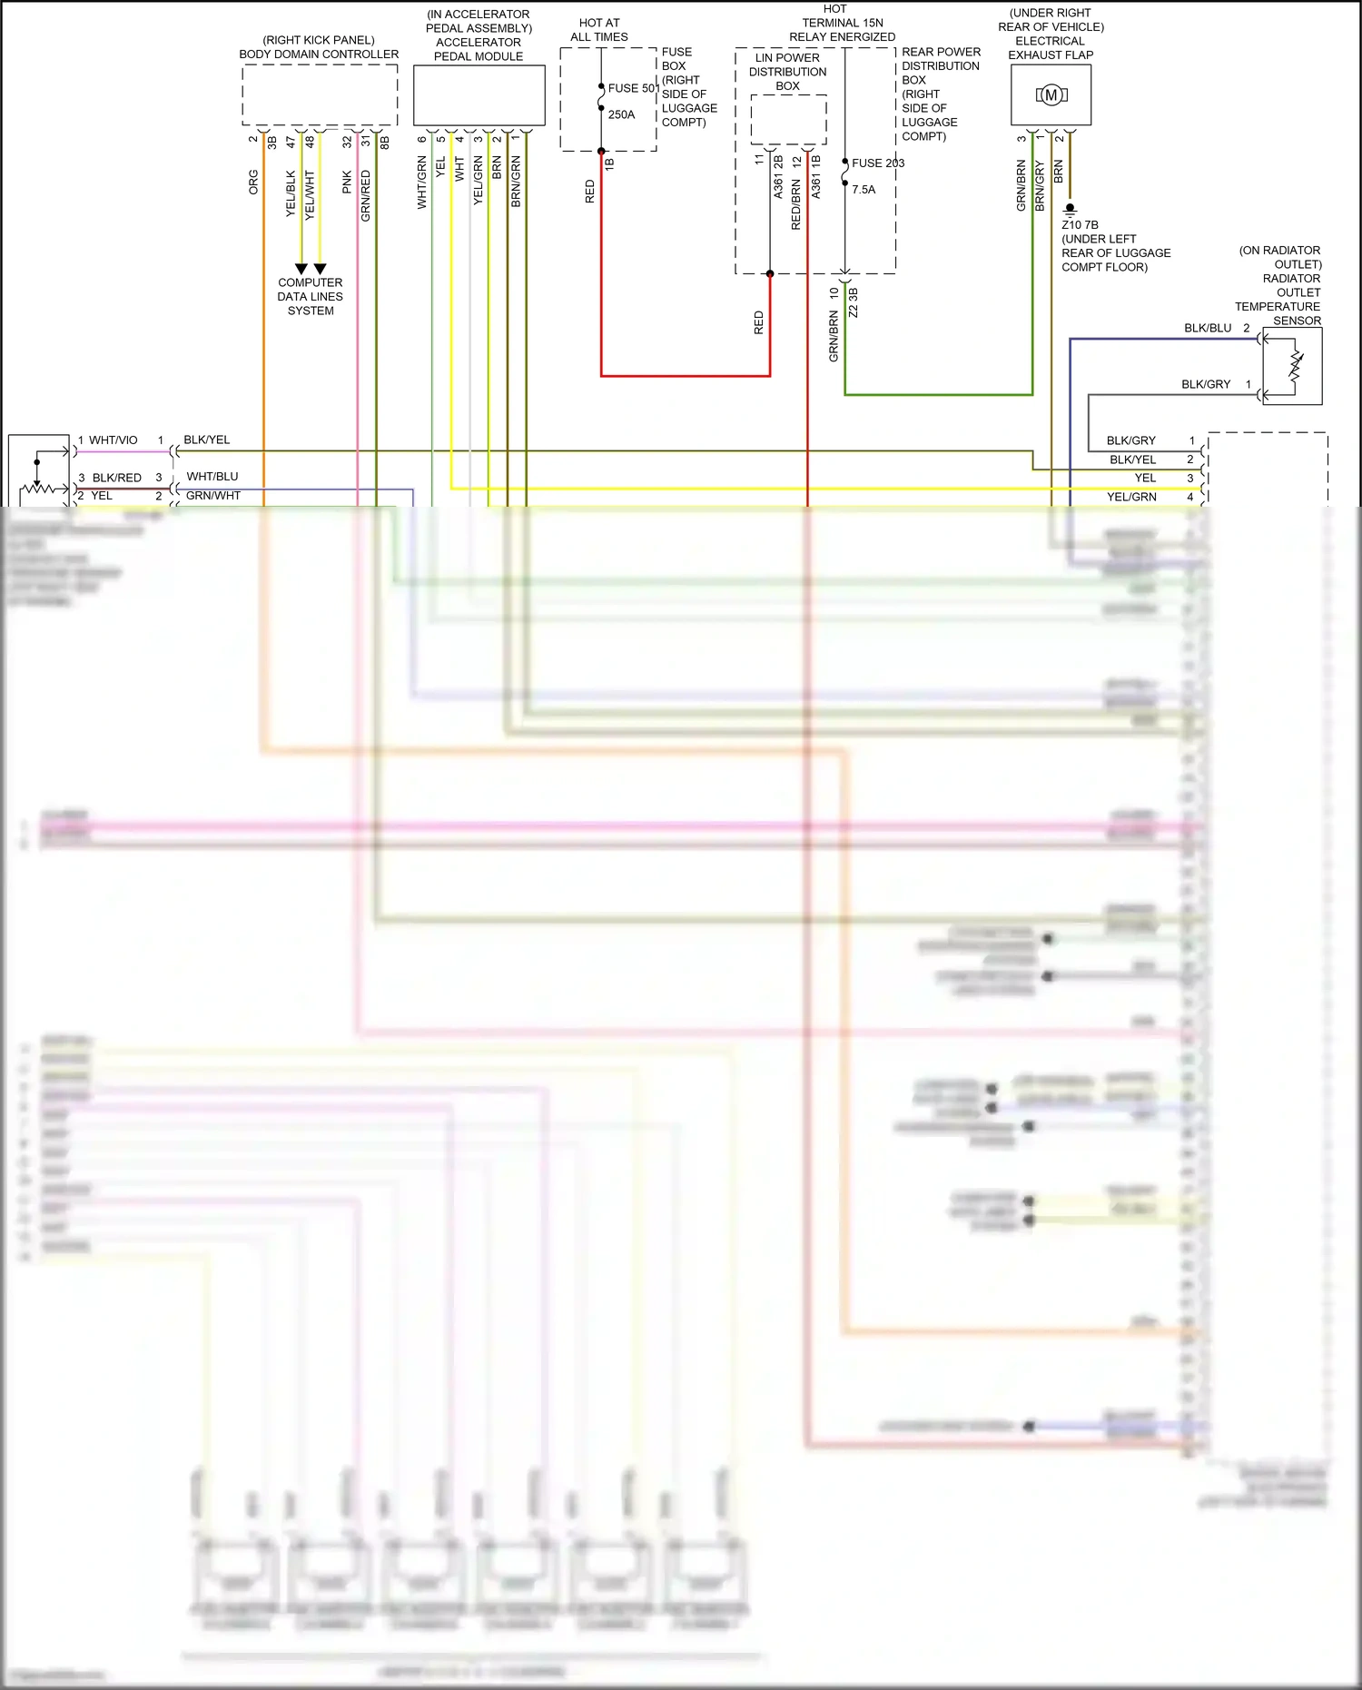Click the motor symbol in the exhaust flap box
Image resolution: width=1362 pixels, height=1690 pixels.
[1051, 94]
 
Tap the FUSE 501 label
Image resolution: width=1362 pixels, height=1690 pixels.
[633, 88]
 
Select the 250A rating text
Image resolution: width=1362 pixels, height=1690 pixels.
[622, 114]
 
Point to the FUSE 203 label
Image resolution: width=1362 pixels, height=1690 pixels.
[878, 163]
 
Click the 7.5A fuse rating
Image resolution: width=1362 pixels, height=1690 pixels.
[864, 190]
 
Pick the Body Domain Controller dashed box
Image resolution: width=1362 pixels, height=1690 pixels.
[320, 94]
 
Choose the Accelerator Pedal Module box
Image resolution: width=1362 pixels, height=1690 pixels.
[479, 94]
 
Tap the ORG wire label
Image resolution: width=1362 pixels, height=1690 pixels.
[253, 182]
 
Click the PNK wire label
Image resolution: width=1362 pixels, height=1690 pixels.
[347, 182]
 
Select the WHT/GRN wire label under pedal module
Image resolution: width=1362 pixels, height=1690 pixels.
[422, 183]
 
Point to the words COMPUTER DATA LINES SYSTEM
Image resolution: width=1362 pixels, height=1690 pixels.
[311, 297]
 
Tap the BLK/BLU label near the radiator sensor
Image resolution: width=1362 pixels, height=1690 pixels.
[1208, 328]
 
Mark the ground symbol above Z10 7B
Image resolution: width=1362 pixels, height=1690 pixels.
[1070, 210]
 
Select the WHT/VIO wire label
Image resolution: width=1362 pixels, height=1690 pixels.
[113, 440]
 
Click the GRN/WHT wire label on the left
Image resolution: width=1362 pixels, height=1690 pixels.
[213, 496]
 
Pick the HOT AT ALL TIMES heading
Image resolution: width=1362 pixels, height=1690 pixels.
[599, 30]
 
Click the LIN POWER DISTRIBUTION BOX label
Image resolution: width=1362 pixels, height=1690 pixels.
[787, 72]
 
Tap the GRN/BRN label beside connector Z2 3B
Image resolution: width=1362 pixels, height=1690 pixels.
[834, 336]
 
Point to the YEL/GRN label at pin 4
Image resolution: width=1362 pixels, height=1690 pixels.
[1131, 497]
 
